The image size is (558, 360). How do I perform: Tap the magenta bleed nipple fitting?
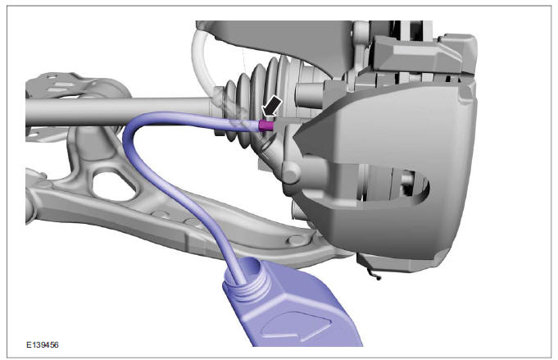pyautogui.click(x=265, y=125)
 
